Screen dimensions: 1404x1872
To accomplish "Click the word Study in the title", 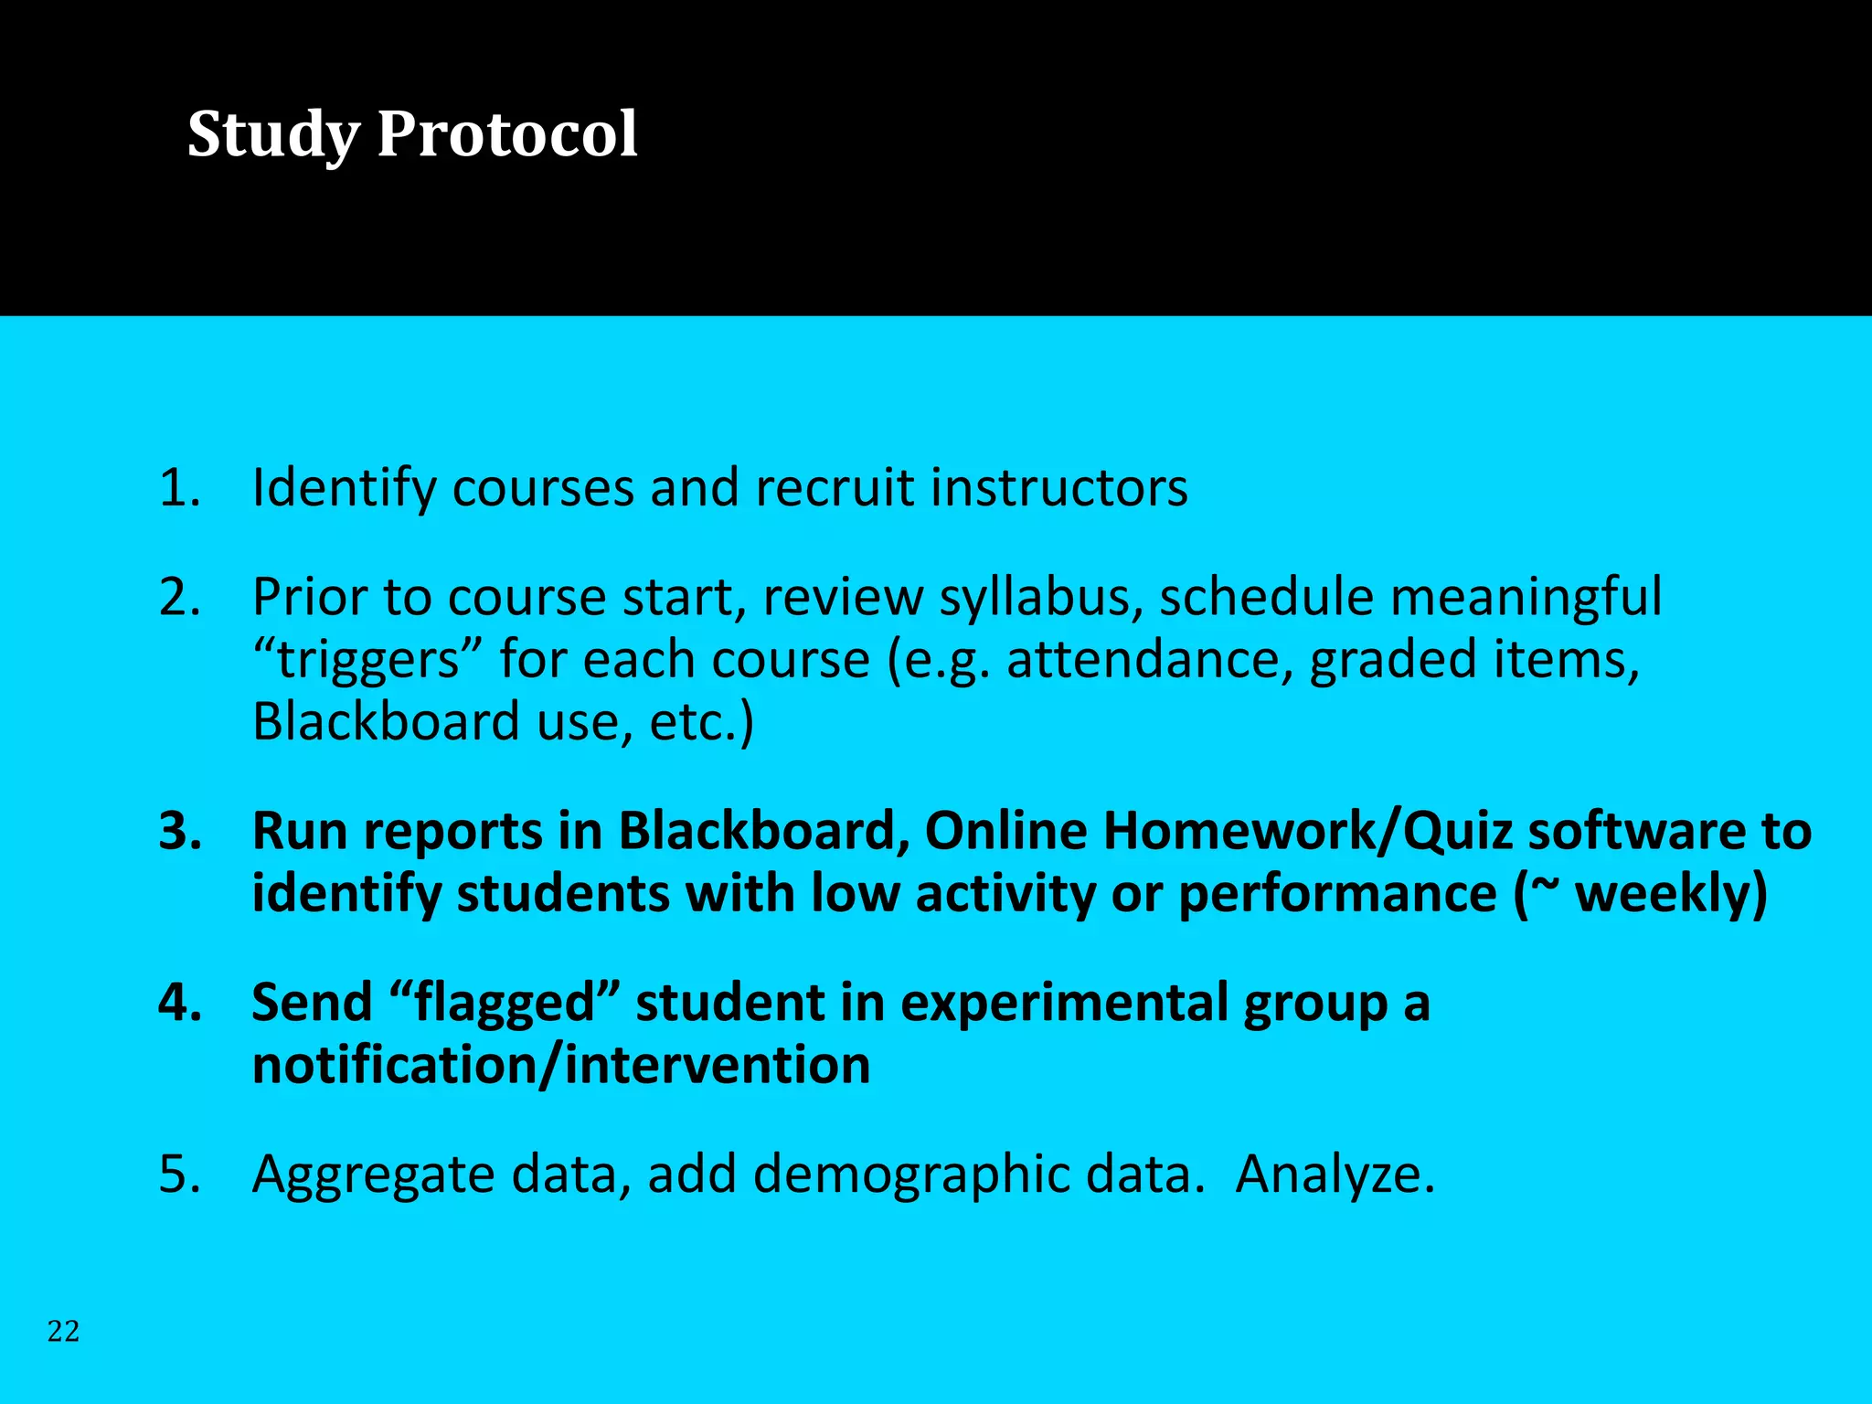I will pos(274,135).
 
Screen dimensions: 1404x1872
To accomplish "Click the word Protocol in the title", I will pos(507,135).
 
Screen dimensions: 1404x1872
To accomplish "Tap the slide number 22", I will pos(63,1331).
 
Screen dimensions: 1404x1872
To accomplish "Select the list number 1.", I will pos(178,487).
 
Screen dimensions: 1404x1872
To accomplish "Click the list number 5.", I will pos(179,1174).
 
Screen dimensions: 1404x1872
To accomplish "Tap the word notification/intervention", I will pos(560,1066).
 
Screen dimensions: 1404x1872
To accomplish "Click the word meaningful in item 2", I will pos(1525,599).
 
